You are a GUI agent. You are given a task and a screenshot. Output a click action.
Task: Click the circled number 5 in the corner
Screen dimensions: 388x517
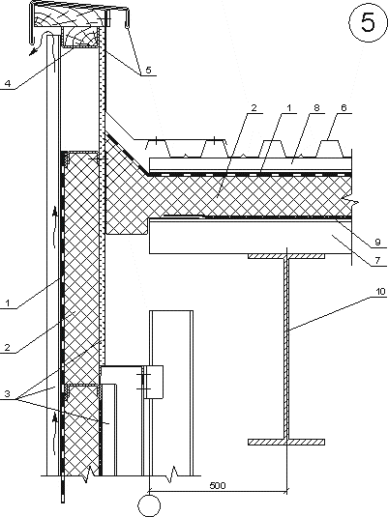(x=368, y=22)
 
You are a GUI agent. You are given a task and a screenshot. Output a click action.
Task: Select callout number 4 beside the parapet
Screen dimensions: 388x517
(x=8, y=83)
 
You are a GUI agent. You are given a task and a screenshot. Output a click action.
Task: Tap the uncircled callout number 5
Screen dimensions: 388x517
(x=149, y=70)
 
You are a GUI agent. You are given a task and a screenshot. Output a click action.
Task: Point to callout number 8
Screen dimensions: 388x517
(x=316, y=107)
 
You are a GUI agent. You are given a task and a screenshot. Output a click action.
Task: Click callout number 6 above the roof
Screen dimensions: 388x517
(x=343, y=107)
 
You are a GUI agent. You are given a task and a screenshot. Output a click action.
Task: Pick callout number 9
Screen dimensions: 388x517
(x=377, y=242)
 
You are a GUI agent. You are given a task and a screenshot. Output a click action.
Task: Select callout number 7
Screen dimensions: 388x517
(x=377, y=261)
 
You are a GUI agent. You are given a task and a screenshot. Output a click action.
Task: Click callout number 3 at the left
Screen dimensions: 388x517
(x=8, y=393)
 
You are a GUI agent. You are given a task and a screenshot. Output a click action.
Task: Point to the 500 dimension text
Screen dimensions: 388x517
(x=218, y=486)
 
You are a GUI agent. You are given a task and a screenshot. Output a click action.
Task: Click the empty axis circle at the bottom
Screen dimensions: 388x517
(x=150, y=505)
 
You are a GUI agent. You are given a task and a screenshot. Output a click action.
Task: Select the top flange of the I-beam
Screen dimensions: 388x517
(x=286, y=256)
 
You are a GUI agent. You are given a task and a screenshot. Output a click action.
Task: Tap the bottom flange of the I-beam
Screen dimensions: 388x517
(x=286, y=442)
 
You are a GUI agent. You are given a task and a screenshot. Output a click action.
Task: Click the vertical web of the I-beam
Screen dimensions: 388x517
(x=286, y=349)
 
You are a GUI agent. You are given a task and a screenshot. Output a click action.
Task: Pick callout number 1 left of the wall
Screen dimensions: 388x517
(x=8, y=302)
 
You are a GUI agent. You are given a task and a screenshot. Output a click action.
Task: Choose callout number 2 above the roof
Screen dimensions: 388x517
(x=254, y=107)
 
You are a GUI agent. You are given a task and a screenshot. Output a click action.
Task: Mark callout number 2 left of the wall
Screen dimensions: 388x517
(x=8, y=347)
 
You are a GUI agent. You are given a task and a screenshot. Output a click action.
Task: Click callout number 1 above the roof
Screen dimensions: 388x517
(x=289, y=107)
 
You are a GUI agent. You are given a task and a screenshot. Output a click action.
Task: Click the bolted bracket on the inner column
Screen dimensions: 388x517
(x=153, y=382)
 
